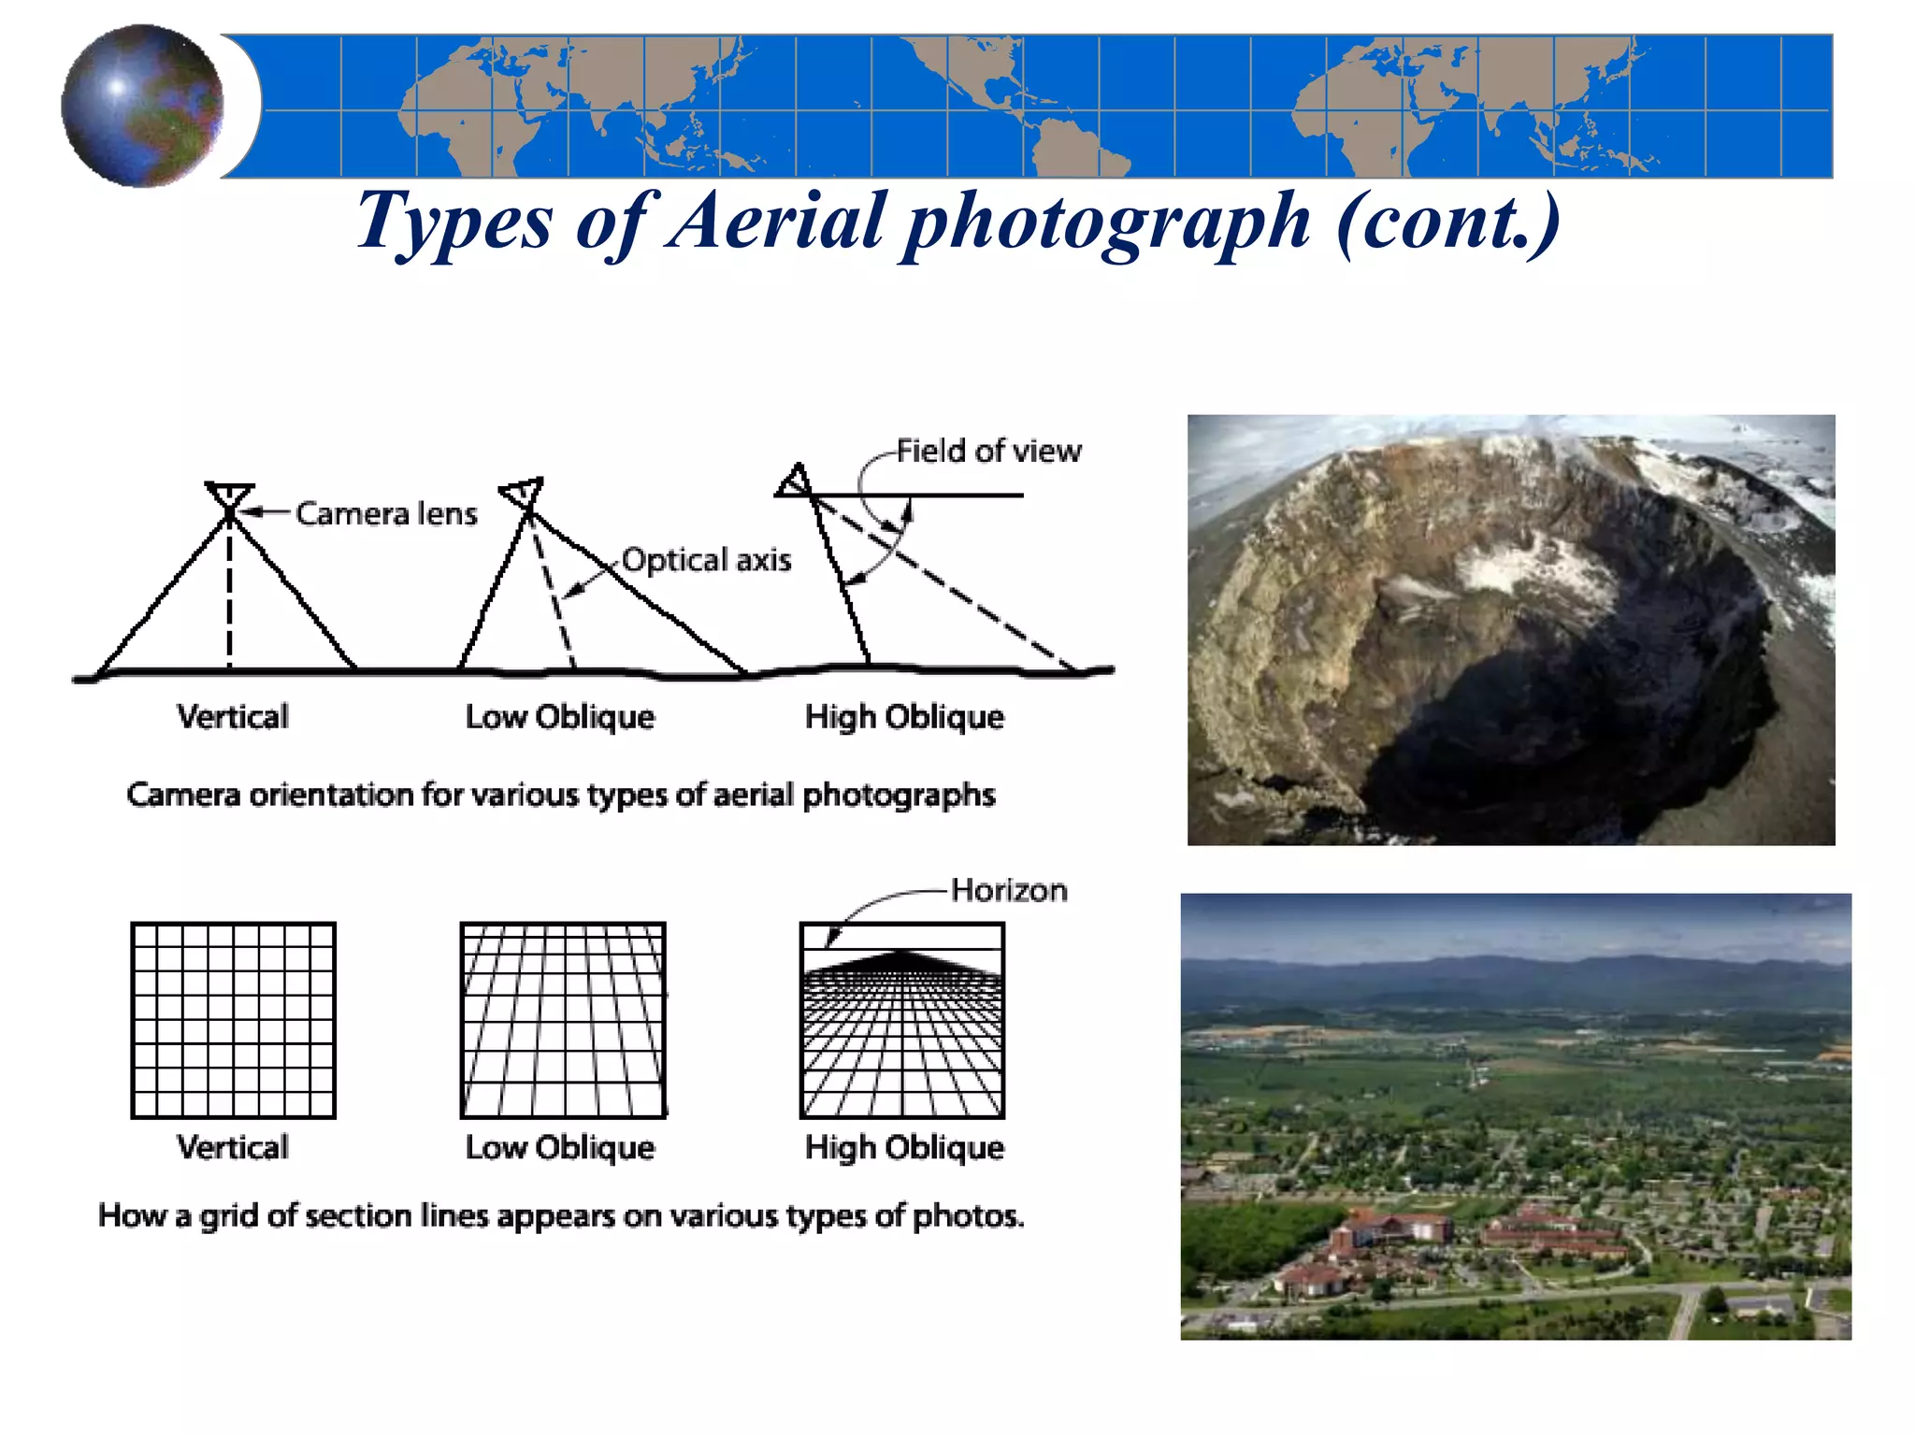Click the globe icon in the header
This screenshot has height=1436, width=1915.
pyautogui.click(x=142, y=106)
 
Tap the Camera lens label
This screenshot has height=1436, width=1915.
pyautogui.click(x=386, y=513)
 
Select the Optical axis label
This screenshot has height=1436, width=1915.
pyautogui.click(x=706, y=560)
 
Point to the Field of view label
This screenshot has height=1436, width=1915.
pyautogui.click(x=988, y=452)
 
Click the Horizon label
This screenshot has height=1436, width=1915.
pyautogui.click(x=1009, y=890)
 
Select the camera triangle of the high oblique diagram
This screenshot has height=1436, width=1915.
pyautogui.click(x=794, y=481)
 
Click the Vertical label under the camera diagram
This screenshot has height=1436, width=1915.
pyautogui.click(x=233, y=717)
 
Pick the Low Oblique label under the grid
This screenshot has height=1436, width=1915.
pyautogui.click(x=560, y=1147)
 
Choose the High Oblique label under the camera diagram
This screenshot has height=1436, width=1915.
pyautogui.click(x=904, y=717)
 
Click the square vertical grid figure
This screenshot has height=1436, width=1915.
pyautogui.click(x=233, y=1020)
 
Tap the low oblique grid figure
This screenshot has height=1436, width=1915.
pyautogui.click(x=563, y=1020)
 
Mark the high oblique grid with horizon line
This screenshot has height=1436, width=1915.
pyautogui.click(x=902, y=1020)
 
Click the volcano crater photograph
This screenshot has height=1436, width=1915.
pyautogui.click(x=1511, y=629)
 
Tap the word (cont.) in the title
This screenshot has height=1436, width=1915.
pyautogui.click(x=1448, y=221)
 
